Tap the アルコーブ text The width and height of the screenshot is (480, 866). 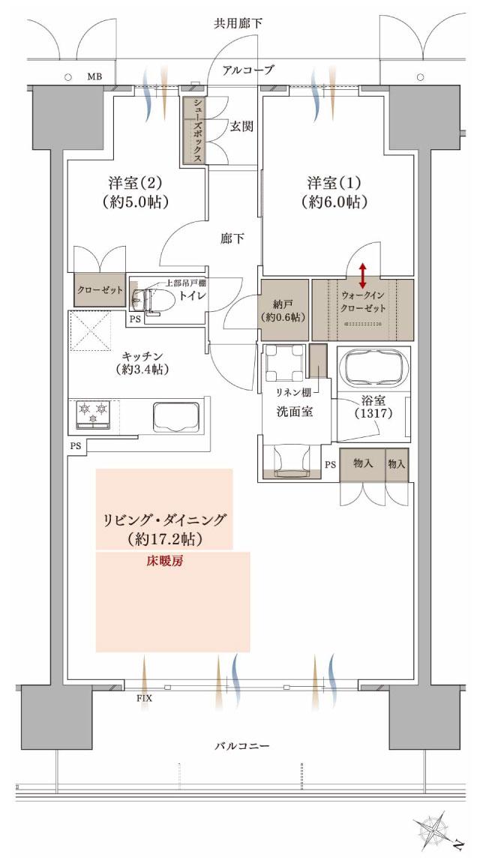(x=248, y=70)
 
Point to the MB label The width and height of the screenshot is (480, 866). (x=94, y=76)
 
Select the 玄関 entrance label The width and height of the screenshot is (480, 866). (x=241, y=126)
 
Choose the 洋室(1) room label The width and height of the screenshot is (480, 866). (x=336, y=193)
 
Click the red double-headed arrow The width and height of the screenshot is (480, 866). (x=362, y=275)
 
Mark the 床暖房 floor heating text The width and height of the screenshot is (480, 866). (x=165, y=559)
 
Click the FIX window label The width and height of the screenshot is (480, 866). (x=144, y=699)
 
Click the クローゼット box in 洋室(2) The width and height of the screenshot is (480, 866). (x=99, y=290)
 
